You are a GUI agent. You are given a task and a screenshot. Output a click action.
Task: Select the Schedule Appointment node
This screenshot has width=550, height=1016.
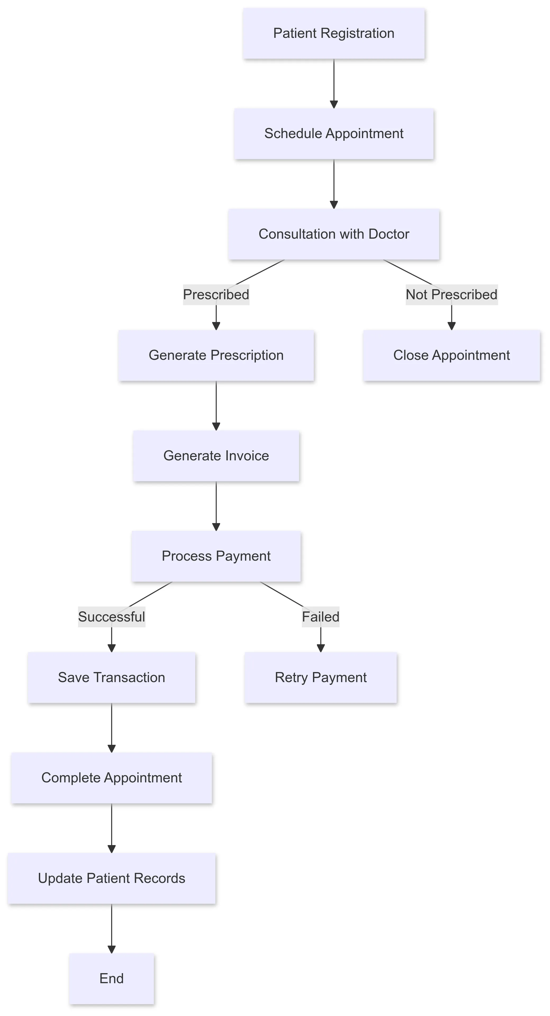click(334, 134)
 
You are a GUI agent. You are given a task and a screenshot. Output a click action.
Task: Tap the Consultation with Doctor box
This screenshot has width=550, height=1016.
click(334, 234)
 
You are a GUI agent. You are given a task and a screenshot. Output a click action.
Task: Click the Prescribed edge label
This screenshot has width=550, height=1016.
click(216, 295)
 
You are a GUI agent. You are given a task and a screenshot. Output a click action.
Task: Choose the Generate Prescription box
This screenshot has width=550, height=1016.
click(216, 355)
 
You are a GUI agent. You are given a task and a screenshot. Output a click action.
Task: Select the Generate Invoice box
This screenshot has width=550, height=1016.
click(216, 456)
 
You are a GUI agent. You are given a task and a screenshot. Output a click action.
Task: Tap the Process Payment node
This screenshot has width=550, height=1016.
click(216, 556)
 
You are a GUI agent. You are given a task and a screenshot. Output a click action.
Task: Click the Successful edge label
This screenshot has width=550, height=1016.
click(112, 617)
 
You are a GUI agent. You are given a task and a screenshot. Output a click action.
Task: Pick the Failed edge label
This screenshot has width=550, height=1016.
click(321, 617)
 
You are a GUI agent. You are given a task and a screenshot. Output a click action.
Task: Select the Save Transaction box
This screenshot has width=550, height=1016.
click(112, 678)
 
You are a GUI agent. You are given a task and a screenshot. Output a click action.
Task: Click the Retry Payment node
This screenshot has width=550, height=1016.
click(321, 678)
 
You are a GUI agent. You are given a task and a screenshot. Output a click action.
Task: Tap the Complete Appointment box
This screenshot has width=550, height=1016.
click(112, 778)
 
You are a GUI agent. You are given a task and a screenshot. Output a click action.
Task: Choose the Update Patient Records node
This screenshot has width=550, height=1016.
click(112, 878)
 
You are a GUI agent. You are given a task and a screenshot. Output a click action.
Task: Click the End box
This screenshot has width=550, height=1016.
click(112, 978)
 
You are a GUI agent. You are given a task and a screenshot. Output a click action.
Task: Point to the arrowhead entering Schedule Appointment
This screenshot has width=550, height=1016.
click(334, 105)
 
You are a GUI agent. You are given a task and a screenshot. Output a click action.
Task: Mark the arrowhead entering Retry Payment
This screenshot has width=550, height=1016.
click(321, 648)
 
